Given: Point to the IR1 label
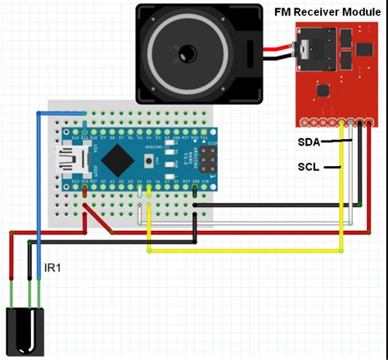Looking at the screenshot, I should [x=52, y=268].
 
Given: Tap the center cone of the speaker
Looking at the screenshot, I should [x=188, y=54].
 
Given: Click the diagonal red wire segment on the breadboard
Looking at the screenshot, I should [x=99, y=217].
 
